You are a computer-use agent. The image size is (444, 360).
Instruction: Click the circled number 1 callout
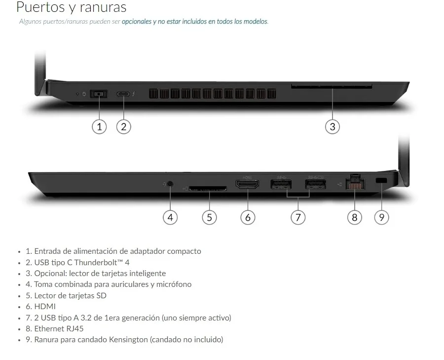click(99, 126)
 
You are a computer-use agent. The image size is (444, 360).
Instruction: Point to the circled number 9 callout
click(381, 217)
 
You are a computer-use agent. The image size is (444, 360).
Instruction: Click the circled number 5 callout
click(209, 217)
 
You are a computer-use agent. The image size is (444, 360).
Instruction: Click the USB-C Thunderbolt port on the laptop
click(123, 94)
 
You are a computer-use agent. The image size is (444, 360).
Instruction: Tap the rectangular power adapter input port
click(99, 93)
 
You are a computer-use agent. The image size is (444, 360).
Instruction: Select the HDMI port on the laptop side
click(248, 185)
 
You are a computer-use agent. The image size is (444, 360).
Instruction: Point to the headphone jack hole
click(170, 184)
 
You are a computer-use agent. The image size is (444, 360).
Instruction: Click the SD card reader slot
click(208, 188)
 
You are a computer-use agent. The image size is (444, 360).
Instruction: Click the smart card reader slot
click(332, 86)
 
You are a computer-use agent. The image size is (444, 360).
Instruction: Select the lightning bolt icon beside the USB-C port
click(134, 93)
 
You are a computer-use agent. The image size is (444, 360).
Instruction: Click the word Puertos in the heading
click(40, 7)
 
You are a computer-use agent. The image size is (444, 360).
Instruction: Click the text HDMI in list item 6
click(45, 307)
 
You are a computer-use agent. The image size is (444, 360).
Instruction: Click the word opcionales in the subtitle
click(137, 22)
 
